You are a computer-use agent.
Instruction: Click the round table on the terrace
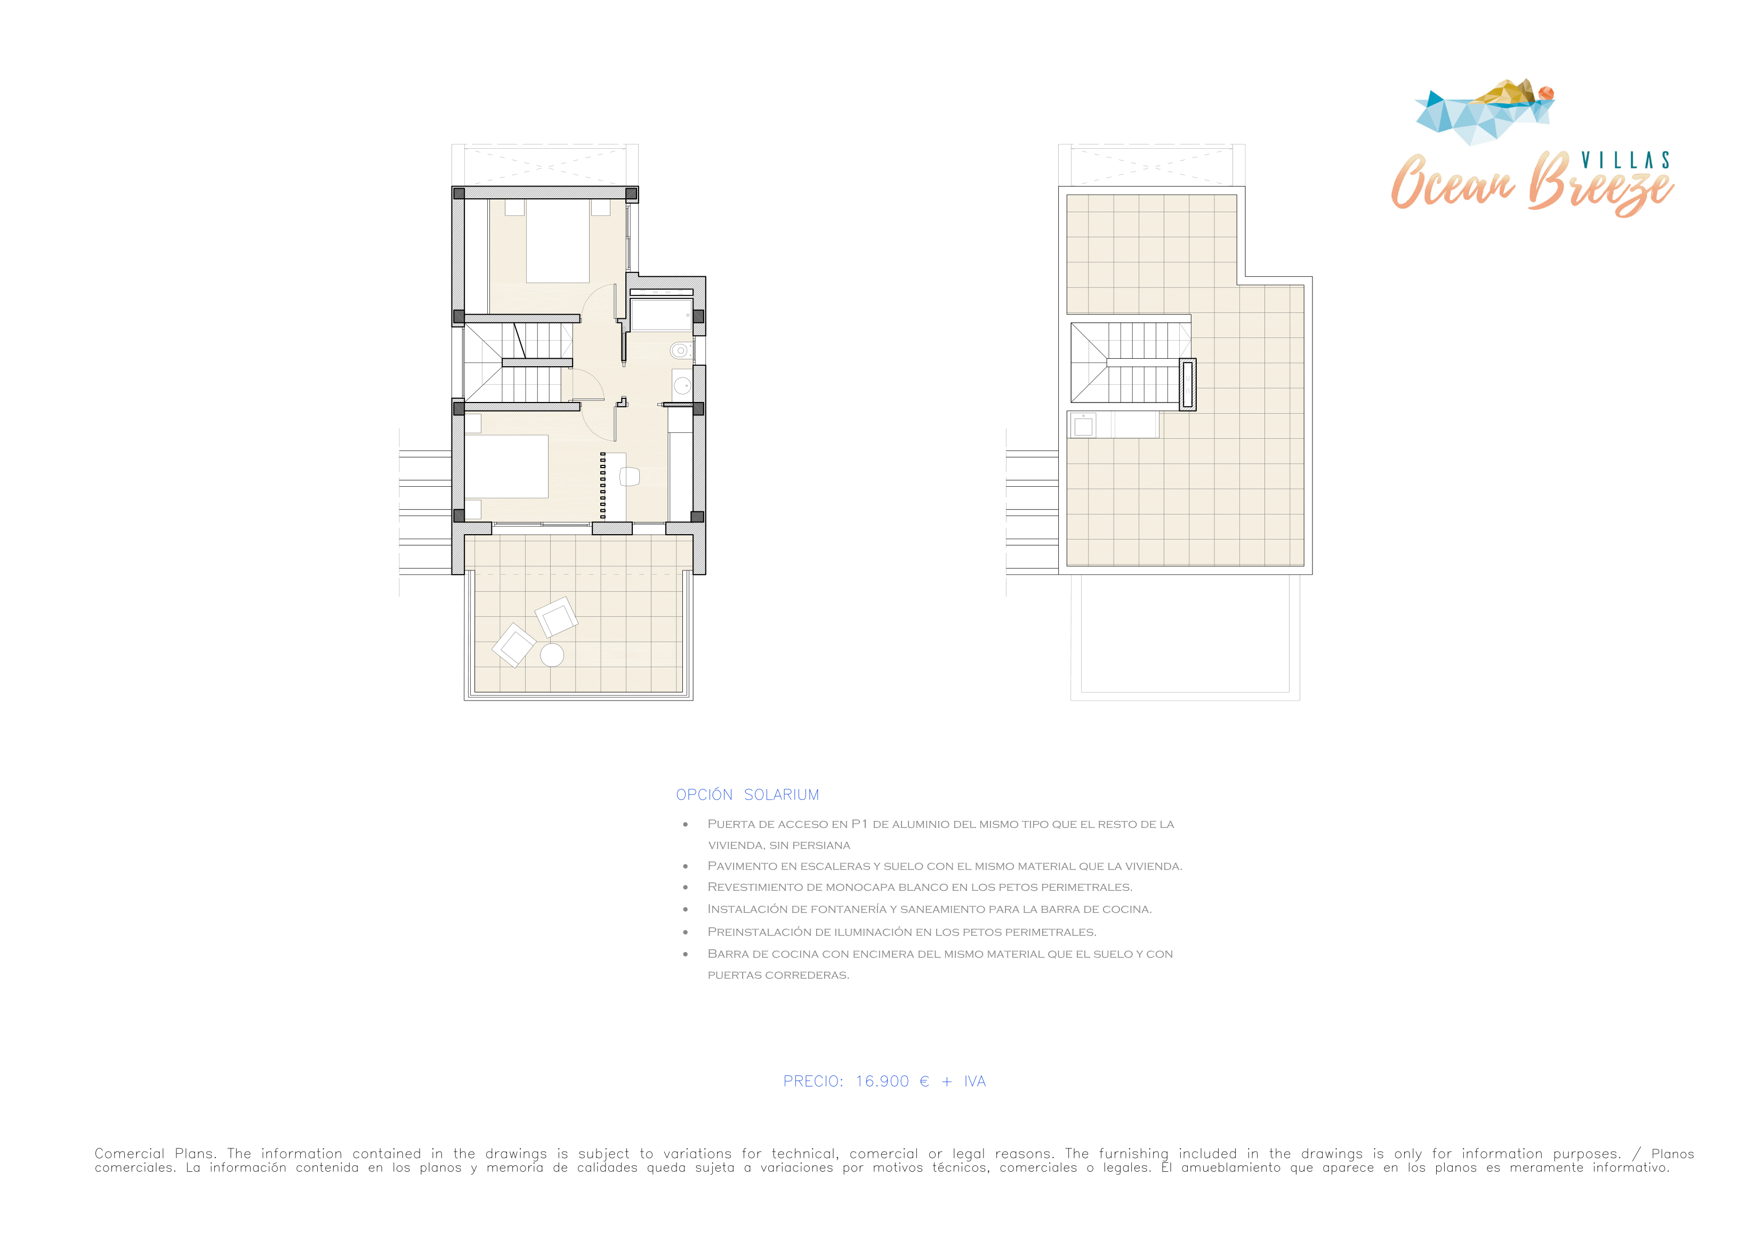coord(552,655)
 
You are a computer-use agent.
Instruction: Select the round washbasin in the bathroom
coord(682,385)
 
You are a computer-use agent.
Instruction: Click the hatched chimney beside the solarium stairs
coord(1188,384)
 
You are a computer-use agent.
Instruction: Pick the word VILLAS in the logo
coord(1625,160)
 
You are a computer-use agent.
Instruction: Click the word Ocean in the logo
coord(1452,182)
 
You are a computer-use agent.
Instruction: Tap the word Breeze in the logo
coord(1600,184)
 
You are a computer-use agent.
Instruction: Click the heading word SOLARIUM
coord(782,794)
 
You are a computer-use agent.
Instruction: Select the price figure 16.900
coord(882,1081)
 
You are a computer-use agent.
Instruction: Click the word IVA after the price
coord(975,1081)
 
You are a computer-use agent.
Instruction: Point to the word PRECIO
coord(813,1081)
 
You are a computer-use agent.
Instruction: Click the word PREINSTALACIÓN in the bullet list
coord(759,931)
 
